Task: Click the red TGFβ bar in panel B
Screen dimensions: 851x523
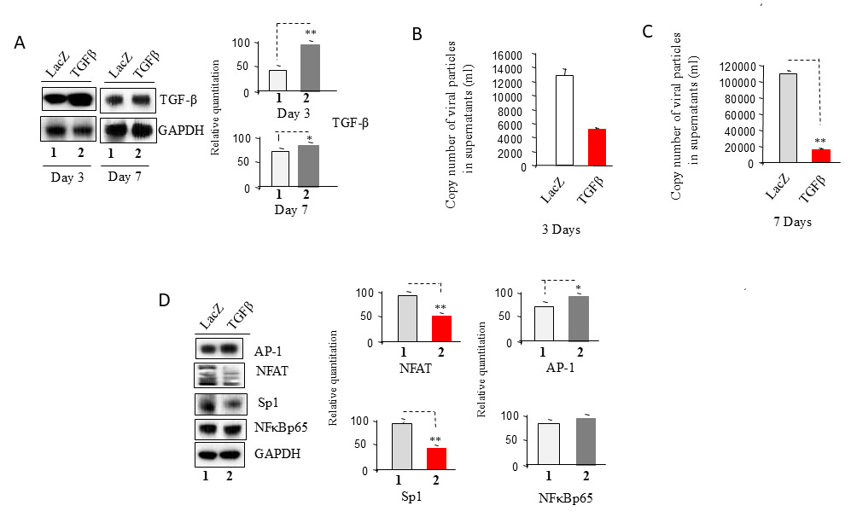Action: tap(597, 147)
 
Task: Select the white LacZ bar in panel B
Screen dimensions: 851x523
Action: tap(564, 120)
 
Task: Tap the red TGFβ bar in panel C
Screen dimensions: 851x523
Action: tap(821, 156)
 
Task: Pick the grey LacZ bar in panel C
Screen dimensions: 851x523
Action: tap(788, 118)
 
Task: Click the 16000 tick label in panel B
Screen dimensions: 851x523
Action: tap(508, 55)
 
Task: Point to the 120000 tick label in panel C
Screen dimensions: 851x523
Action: tap(737, 67)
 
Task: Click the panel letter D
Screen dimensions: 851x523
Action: tap(165, 299)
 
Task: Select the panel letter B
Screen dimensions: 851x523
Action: tap(417, 34)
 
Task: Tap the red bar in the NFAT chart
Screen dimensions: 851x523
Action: tap(442, 328)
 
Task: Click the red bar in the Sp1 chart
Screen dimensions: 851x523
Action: tap(437, 458)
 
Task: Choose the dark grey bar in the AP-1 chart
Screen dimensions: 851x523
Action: tap(579, 318)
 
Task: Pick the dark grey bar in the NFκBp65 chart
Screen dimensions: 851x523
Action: tap(586, 441)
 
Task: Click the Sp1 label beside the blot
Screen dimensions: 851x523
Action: tap(268, 403)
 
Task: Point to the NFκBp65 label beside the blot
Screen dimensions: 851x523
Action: tap(281, 427)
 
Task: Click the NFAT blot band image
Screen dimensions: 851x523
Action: tap(219, 375)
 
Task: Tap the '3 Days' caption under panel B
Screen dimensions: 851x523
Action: tap(561, 230)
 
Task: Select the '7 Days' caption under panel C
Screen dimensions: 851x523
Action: tap(793, 222)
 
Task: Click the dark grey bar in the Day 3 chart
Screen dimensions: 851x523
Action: tap(311, 67)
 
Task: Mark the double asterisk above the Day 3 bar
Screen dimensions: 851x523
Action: tap(311, 33)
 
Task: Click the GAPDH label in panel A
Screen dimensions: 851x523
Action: tap(181, 131)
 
